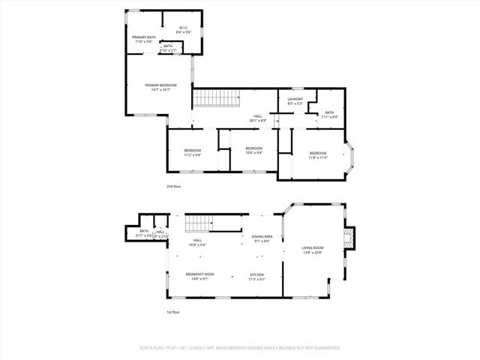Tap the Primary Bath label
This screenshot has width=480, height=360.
tap(144, 39)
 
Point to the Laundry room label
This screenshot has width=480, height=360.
tap(295, 100)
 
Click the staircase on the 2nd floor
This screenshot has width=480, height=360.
tap(215, 98)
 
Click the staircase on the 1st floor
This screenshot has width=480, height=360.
tap(199, 223)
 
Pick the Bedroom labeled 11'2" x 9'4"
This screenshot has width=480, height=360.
tap(193, 152)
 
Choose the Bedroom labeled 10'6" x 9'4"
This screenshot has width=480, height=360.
tap(253, 150)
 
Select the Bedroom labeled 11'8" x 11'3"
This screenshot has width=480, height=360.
tap(318, 154)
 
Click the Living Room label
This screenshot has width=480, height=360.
tap(313, 249)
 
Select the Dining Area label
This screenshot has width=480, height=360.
tap(262, 238)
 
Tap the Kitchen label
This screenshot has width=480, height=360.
tap(256, 276)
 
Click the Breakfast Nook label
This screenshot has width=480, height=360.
tap(199, 276)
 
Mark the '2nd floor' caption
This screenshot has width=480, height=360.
tap(173, 186)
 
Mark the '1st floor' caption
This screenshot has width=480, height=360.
tap(172, 312)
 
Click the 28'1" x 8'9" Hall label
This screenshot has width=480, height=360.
tap(258, 118)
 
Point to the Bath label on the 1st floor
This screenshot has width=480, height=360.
tap(143, 233)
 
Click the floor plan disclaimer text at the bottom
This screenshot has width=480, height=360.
tap(240, 348)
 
